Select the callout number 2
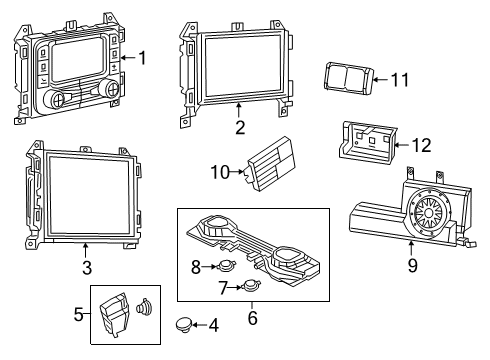pyautogui.click(x=240, y=127)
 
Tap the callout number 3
pyautogui.click(x=87, y=267)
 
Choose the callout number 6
pyautogui.click(x=252, y=319)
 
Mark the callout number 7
pyautogui.click(x=222, y=287)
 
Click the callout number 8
pyautogui.click(x=196, y=265)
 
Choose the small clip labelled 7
pyautogui.click(x=250, y=287)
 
